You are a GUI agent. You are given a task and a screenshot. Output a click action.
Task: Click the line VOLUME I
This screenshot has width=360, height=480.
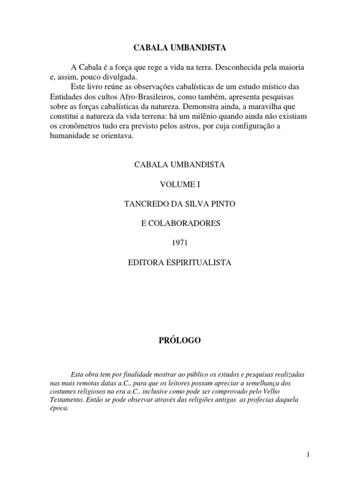tap(180, 184)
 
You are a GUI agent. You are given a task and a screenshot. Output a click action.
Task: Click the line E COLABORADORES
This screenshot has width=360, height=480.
tap(180, 224)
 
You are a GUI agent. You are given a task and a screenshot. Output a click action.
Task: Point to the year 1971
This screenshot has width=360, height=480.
tap(180, 243)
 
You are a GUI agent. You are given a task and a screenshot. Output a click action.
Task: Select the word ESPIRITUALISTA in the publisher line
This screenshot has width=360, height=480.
tap(202, 263)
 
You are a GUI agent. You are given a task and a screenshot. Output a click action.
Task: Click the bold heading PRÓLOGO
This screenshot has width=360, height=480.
tap(180, 341)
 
